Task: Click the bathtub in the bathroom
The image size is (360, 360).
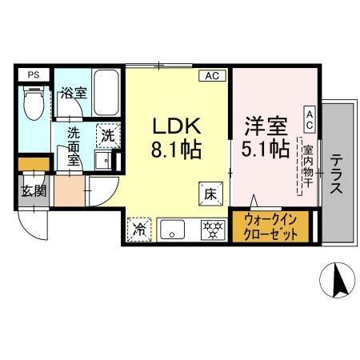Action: click(106, 91)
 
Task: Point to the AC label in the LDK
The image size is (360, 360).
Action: click(212, 76)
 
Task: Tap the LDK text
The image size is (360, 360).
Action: click(175, 126)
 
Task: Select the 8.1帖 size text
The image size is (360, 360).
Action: click(175, 150)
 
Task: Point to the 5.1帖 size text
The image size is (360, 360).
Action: click(266, 150)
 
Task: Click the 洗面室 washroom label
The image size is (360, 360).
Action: click(74, 146)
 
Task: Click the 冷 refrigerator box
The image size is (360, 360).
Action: click(138, 229)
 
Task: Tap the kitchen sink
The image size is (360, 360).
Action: click(172, 230)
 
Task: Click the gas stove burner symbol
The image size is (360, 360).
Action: click(212, 230)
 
